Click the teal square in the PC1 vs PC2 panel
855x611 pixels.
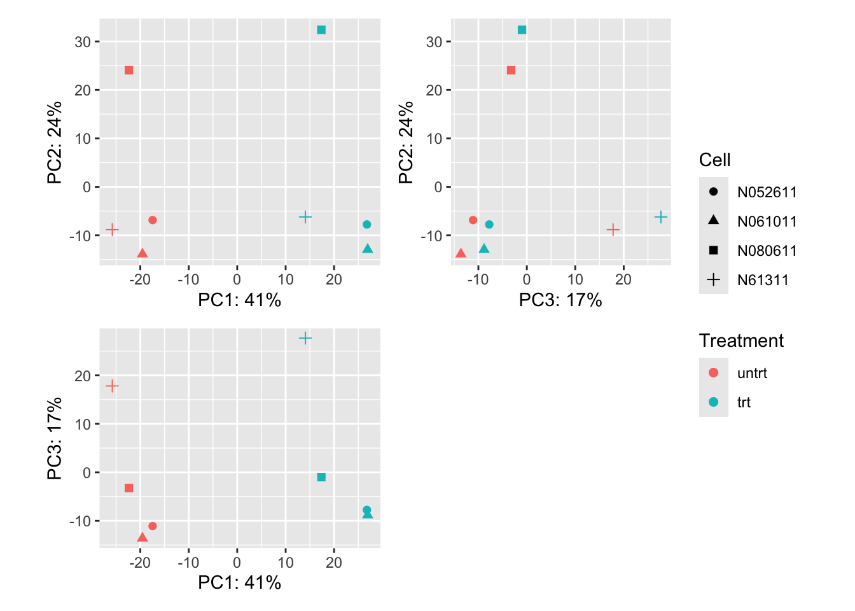321,30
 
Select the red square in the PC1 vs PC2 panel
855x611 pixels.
129,70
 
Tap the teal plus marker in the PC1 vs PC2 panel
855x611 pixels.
305,217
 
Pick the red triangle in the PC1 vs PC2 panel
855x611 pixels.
142,253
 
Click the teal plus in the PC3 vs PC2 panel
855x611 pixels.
661,217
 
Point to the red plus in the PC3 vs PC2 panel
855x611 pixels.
613,229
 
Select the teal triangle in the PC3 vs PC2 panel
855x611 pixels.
484,249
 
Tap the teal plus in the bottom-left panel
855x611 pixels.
305,338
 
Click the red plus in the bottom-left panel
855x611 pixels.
112,386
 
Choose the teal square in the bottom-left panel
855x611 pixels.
321,477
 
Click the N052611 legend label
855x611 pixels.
767,192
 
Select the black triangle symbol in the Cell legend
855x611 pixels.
713,220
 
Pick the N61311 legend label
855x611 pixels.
763,280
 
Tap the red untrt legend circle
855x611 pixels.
713,373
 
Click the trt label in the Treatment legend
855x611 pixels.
744,402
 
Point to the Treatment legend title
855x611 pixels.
741,341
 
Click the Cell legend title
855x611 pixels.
714,160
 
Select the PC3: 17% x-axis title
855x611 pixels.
560,300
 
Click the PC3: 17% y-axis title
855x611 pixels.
55,438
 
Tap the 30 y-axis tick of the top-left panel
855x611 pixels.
83,42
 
